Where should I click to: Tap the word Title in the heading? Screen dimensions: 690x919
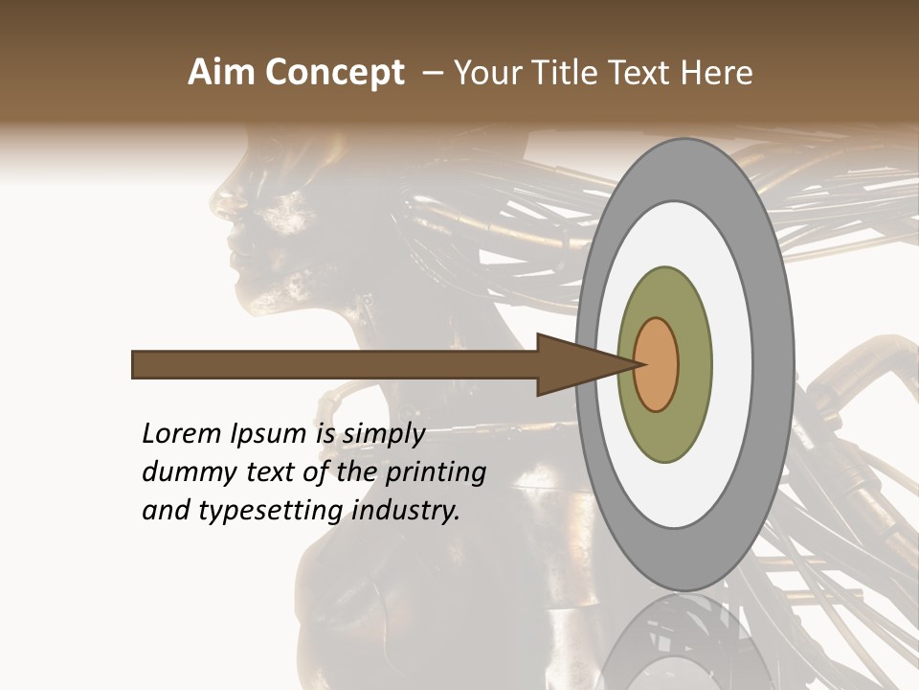pyautogui.click(x=577, y=73)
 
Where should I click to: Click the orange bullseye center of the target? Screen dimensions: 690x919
pyautogui.click(x=657, y=364)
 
